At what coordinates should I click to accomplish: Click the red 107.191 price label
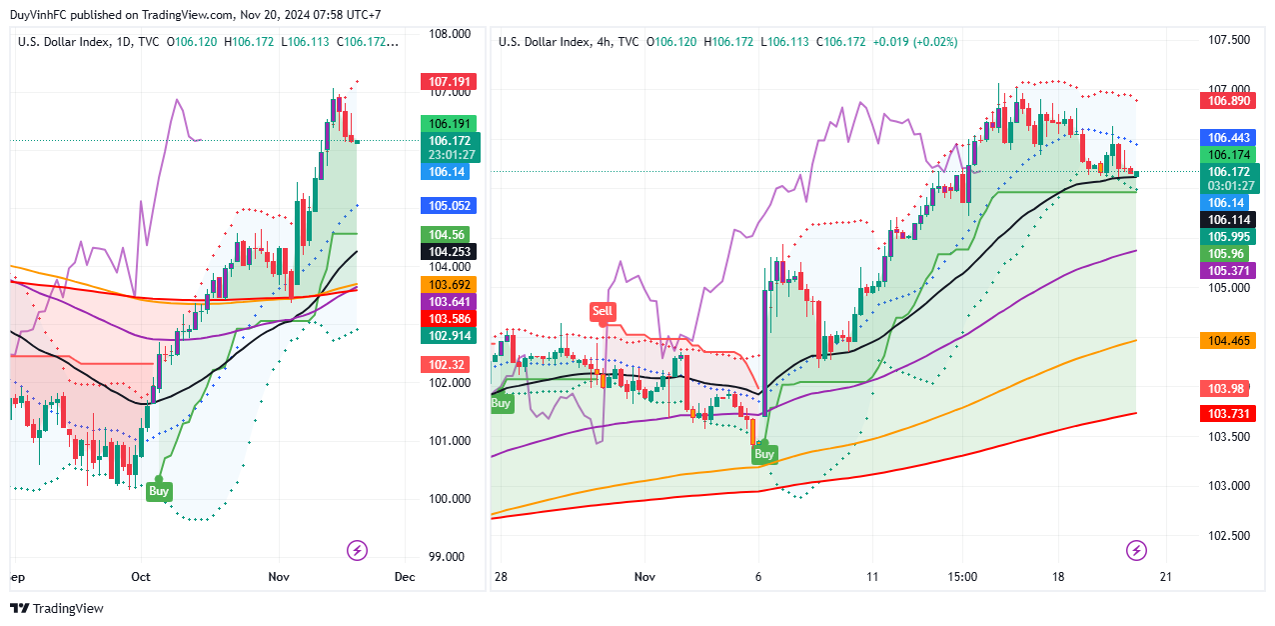click(449, 82)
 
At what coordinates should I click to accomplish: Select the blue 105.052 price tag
click(449, 206)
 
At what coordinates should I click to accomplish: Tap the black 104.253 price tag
click(449, 252)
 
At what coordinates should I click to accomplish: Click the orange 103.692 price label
click(449, 284)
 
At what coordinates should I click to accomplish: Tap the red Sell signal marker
click(603, 311)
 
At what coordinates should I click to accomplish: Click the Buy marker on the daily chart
click(159, 491)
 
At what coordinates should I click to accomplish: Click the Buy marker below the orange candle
click(764, 454)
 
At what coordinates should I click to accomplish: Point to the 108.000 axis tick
click(450, 34)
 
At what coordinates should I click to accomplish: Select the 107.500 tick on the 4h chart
click(1229, 40)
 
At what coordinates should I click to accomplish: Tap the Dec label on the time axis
click(405, 577)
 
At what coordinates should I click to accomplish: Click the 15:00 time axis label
click(962, 577)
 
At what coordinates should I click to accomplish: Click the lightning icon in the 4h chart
click(1136, 550)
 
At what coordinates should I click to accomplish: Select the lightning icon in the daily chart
click(357, 550)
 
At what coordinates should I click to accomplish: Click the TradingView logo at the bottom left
click(57, 608)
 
